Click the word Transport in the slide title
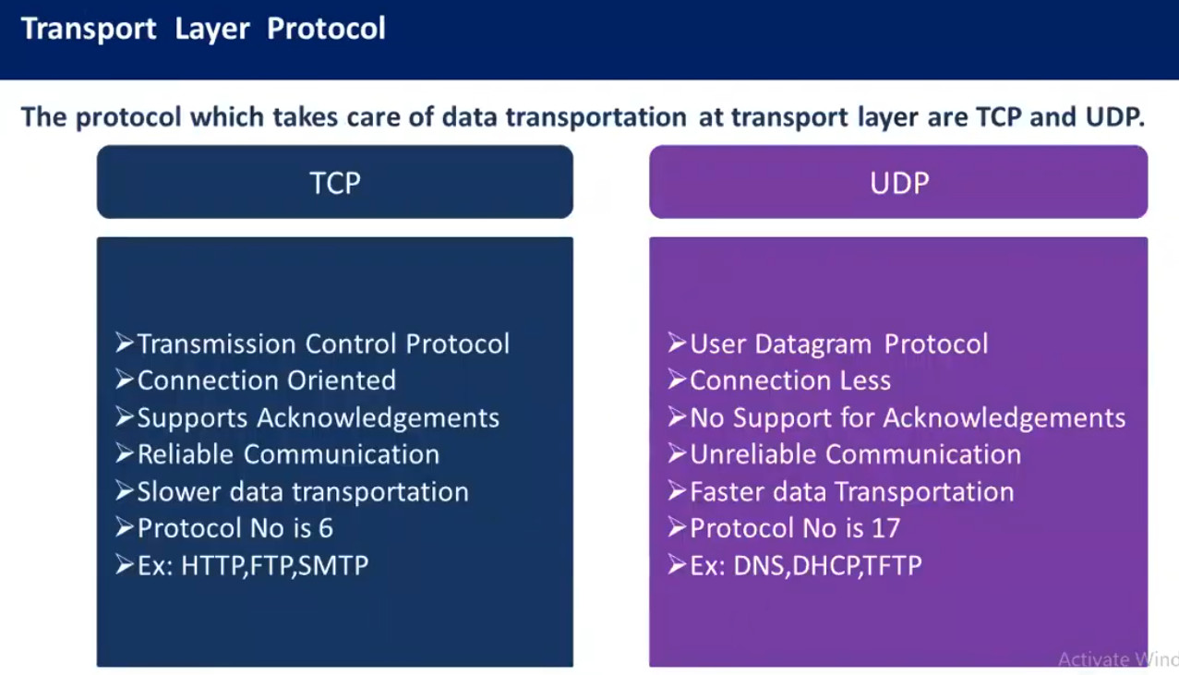coord(89,29)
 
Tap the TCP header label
coord(335,183)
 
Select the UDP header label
coord(899,183)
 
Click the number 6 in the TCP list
coord(326,528)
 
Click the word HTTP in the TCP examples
coord(212,565)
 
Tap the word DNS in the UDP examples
coord(760,565)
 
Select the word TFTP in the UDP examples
coord(893,565)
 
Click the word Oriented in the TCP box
coord(342,380)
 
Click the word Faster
coord(727,492)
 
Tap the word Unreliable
coord(753,454)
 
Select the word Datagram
coord(813,344)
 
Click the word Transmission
coord(216,344)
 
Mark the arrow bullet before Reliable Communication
coord(125,453)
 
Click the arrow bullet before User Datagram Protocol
coord(677,343)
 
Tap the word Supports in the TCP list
coord(193,418)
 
